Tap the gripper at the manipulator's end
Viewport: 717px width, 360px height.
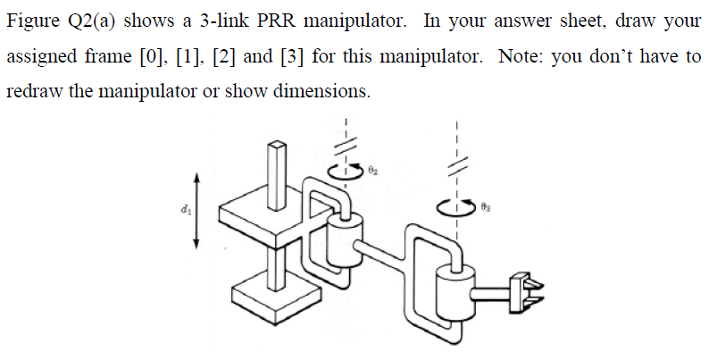click(521, 290)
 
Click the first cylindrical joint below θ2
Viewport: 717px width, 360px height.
click(341, 237)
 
